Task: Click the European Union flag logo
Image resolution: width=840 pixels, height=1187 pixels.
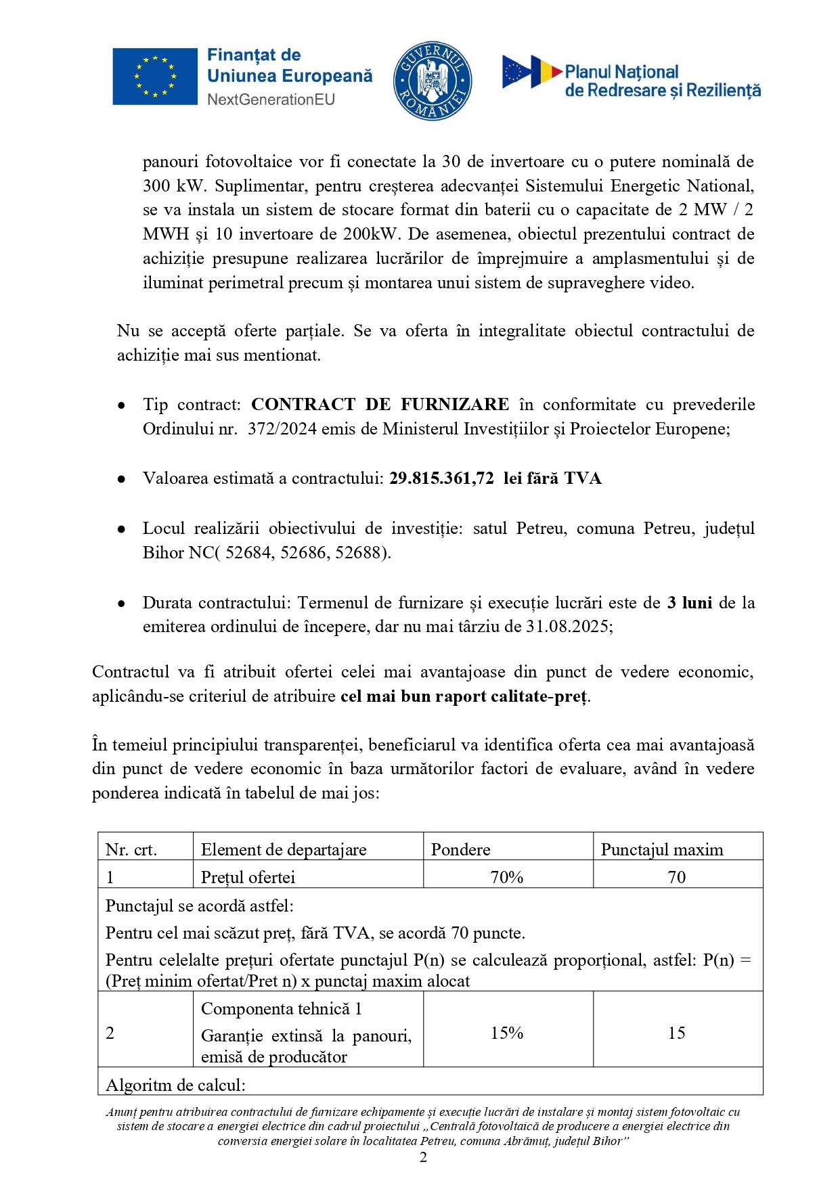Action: tap(154, 76)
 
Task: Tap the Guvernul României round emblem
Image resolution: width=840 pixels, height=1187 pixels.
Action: tap(433, 81)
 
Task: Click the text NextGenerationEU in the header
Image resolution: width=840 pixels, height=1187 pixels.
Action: tap(271, 99)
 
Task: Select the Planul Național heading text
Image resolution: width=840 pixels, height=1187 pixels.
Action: tap(621, 72)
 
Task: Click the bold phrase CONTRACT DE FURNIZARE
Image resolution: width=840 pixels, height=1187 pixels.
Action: tap(380, 405)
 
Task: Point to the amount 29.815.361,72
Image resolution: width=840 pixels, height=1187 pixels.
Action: tap(441, 478)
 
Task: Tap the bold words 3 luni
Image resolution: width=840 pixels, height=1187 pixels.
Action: tap(689, 602)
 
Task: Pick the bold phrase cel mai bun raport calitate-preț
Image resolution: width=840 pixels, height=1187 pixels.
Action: tap(464, 696)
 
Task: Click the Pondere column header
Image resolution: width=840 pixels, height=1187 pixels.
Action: tap(460, 849)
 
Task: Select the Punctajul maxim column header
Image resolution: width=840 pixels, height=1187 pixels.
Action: tap(661, 849)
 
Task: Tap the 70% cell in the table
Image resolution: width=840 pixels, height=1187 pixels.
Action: tap(507, 877)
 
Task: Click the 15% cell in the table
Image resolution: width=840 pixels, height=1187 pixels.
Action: tap(507, 1033)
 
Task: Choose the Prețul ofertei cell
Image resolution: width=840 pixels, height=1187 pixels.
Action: tap(248, 877)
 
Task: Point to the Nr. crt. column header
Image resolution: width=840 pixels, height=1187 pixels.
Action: tap(131, 849)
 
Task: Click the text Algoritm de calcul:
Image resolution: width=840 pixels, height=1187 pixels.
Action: tap(175, 1085)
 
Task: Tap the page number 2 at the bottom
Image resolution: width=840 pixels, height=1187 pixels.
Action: tap(424, 1157)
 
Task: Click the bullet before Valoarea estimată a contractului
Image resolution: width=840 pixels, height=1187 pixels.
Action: tap(121, 479)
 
